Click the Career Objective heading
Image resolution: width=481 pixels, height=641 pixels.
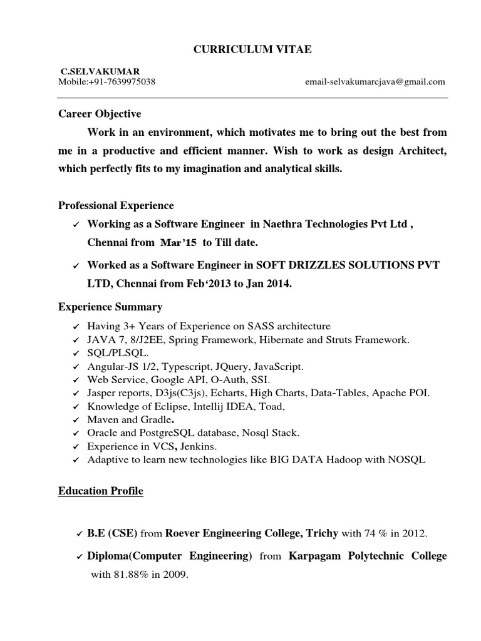click(100, 114)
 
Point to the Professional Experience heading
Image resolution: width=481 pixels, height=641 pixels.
click(116, 205)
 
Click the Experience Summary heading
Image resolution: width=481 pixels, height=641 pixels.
click(110, 307)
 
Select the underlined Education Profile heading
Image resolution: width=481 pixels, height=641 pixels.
click(101, 491)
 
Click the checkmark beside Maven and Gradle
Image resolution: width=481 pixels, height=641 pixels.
click(76, 420)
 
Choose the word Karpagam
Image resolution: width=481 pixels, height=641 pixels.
click(314, 556)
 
